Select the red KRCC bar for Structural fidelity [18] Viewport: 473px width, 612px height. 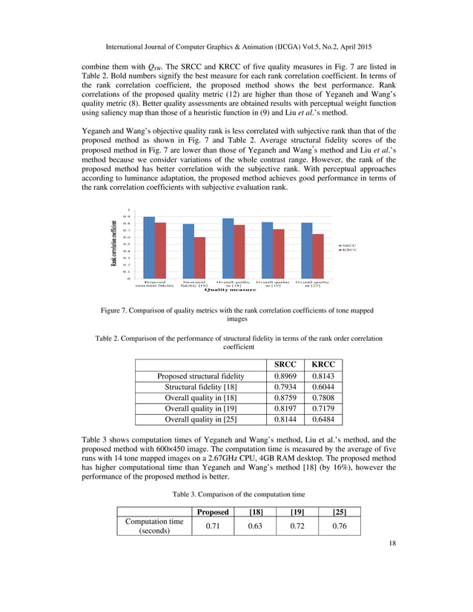pyautogui.click(x=199, y=258)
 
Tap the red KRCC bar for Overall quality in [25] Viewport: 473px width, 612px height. pyautogui.click(x=318, y=256)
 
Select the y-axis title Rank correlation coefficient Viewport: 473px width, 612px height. pyautogui.click(x=116, y=245)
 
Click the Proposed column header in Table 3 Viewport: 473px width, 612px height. pyautogui.click(x=211, y=511)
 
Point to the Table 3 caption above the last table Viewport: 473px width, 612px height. pyautogui.click(x=236, y=493)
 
